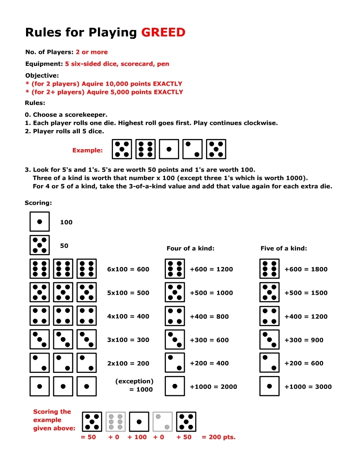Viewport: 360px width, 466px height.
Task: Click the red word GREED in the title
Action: pos(163,32)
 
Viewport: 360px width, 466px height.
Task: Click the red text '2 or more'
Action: pos(91,52)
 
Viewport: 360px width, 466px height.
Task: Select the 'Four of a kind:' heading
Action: pos(190,248)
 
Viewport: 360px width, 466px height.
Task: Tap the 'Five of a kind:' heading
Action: pos(284,248)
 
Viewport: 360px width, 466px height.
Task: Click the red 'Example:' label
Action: pos(87,150)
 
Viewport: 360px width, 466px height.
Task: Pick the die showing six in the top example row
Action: pos(145,149)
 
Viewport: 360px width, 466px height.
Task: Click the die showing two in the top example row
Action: pos(192,149)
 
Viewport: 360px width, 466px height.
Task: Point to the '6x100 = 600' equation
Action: pos(128,269)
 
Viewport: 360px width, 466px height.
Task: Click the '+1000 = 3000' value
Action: pos(306,387)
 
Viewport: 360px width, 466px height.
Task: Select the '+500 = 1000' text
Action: pos(211,293)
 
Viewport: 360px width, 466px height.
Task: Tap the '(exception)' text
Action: pos(134,381)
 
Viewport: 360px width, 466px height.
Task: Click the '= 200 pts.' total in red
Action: pos(218,437)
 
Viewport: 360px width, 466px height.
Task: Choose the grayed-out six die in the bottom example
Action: pos(116,421)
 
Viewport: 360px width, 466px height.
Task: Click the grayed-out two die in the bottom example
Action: pos(162,421)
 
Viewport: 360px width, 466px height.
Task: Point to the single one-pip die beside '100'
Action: pos(40,222)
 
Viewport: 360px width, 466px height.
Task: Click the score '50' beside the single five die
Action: pos(64,246)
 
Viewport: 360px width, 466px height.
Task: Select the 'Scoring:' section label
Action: pos(38,203)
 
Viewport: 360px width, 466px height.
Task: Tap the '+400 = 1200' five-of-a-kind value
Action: pos(306,316)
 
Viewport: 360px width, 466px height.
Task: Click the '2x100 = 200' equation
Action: pos(128,364)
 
